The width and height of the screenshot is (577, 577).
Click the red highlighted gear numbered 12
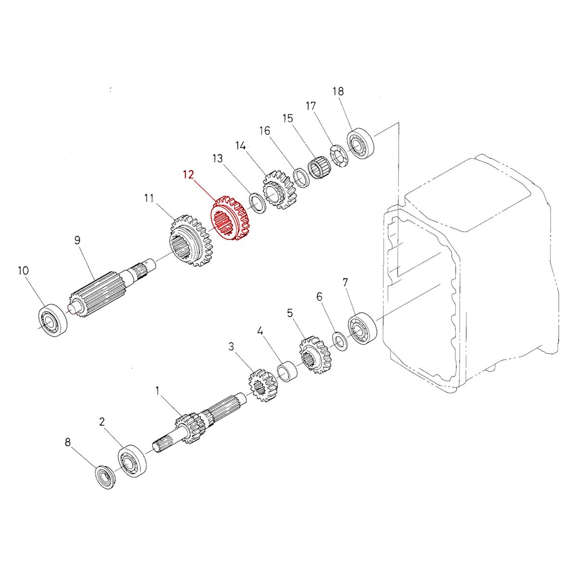[x=232, y=219]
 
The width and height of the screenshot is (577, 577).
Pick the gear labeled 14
[x=279, y=190]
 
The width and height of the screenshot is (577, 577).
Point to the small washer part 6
[x=339, y=340]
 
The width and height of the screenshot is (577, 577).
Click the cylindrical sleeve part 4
[x=288, y=373]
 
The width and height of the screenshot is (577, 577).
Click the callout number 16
[x=264, y=131]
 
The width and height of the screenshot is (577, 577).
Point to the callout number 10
[x=24, y=270]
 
